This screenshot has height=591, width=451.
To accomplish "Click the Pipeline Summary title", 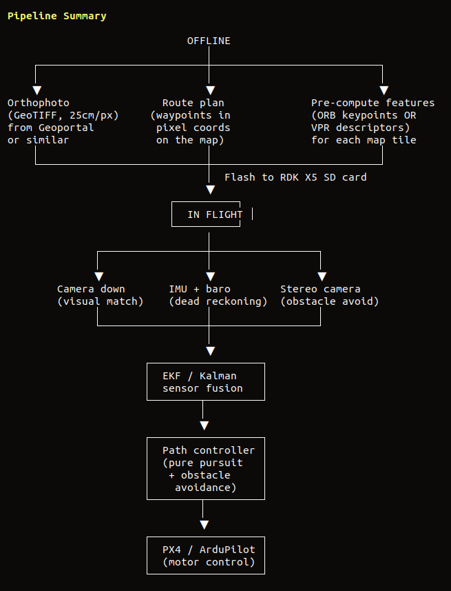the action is click(x=57, y=17).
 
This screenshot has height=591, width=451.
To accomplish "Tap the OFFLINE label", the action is click(x=209, y=41).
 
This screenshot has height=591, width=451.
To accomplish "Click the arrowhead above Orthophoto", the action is click(x=37, y=90).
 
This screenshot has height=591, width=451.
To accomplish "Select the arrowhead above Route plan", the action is click(x=211, y=90).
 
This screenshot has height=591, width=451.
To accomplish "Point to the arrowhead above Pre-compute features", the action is click(x=384, y=90).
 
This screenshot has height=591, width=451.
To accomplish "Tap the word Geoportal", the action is click(x=66, y=128).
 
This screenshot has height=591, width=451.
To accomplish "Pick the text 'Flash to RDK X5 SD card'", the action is click(x=295, y=177).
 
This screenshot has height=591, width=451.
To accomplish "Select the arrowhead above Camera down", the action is click(x=99, y=277).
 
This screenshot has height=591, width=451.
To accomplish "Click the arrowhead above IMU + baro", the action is click(x=211, y=277).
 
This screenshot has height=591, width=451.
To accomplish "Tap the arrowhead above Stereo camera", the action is click(x=322, y=277).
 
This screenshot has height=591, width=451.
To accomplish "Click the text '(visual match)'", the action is click(x=100, y=301).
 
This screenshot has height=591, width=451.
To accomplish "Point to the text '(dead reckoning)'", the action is click(x=218, y=301).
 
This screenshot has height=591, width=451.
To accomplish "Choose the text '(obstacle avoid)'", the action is click(x=329, y=301).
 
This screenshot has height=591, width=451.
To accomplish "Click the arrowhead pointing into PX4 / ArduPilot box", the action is click(x=204, y=525).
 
